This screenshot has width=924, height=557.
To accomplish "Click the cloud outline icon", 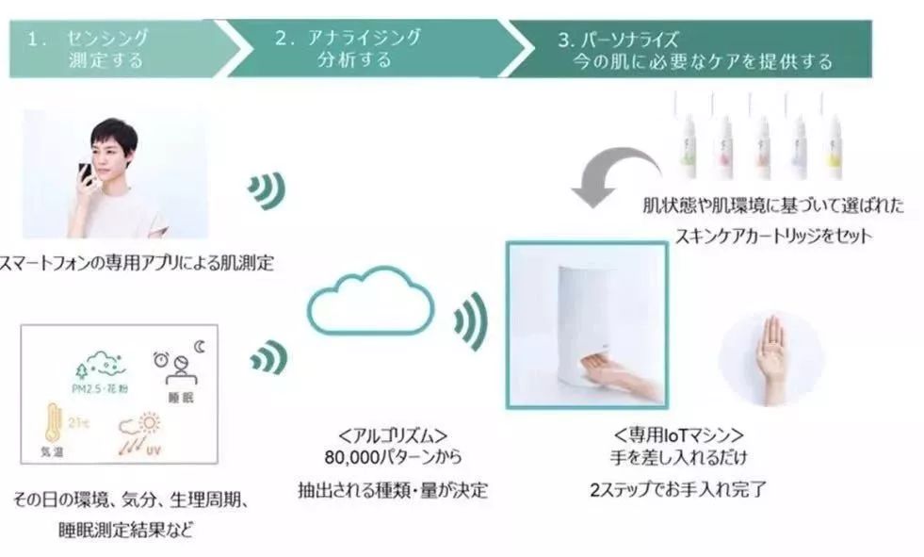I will [x=370, y=299].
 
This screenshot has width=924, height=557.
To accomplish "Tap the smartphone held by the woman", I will [x=86, y=173].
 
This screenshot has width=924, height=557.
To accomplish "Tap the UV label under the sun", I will [x=152, y=451].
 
